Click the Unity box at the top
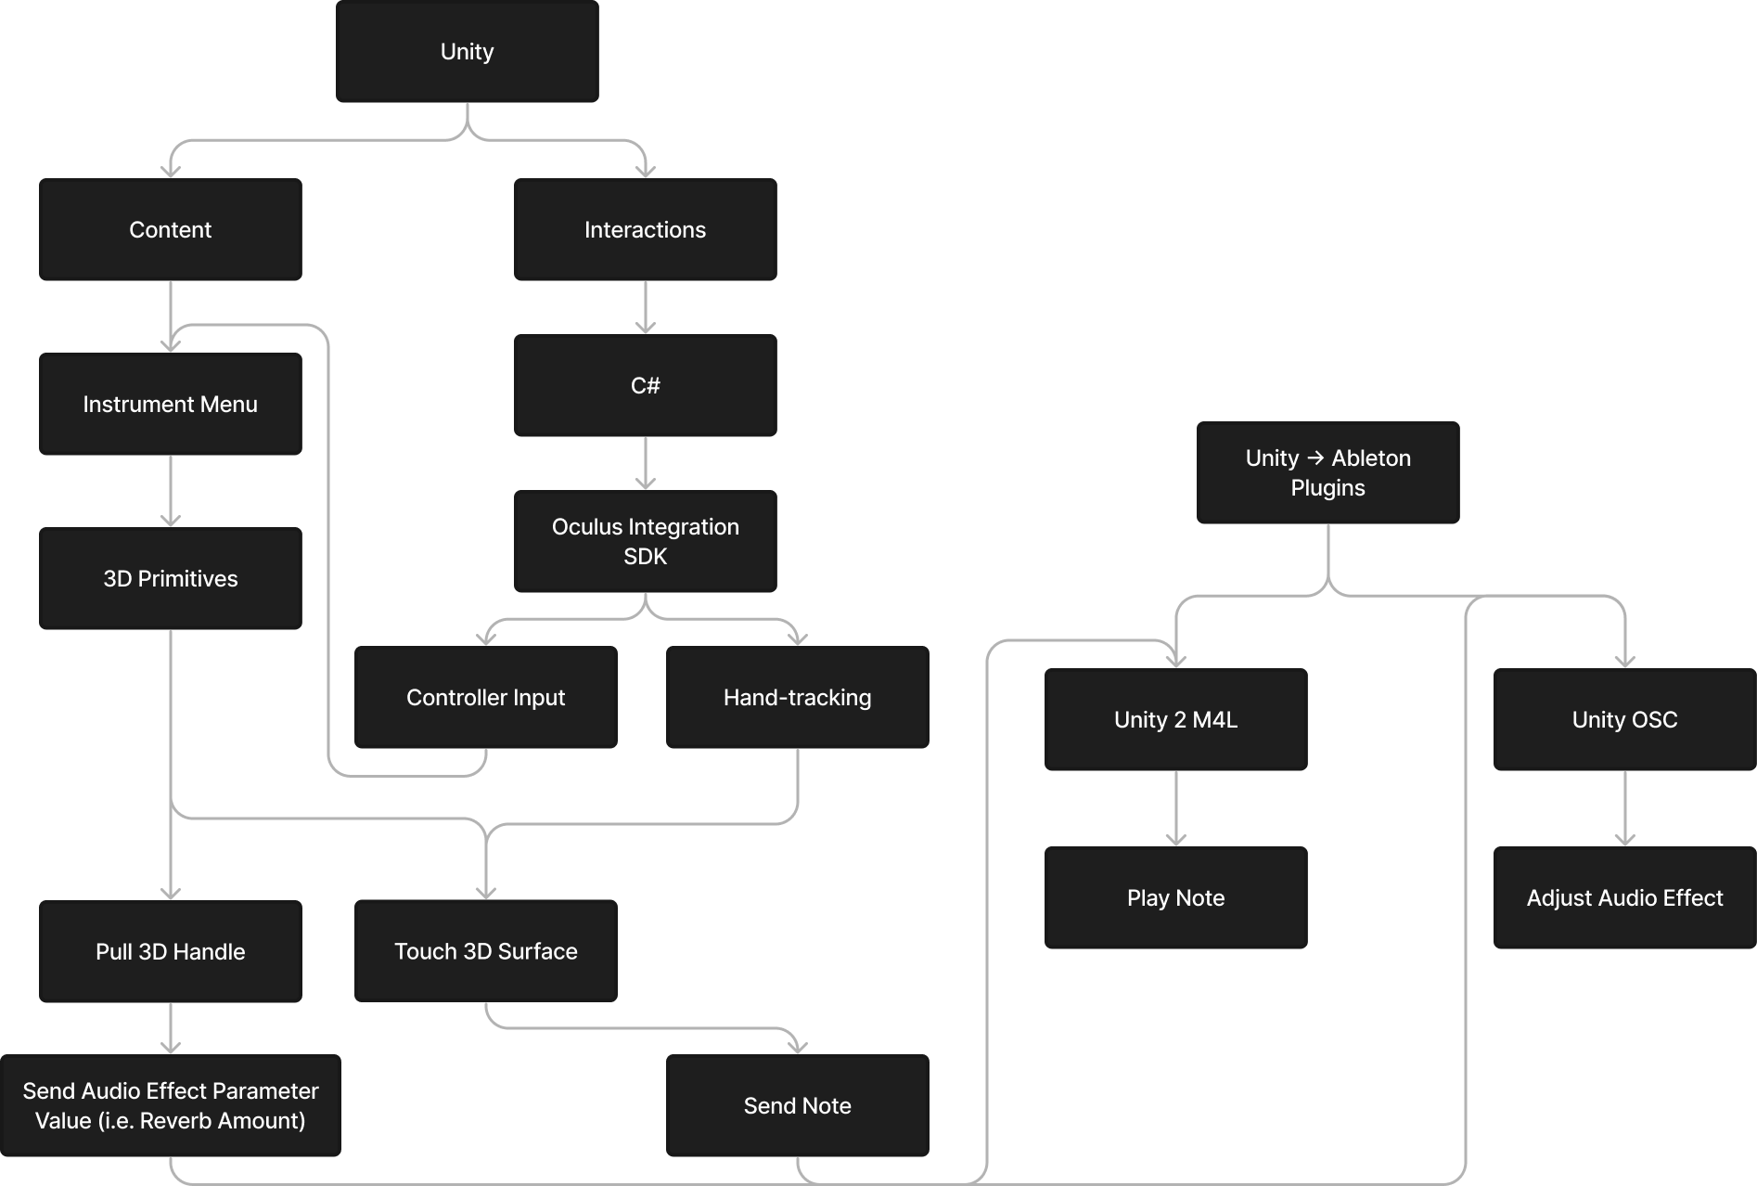[467, 52]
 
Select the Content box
[171, 230]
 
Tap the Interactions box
[645, 230]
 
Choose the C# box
[645, 386]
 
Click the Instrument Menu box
[171, 405]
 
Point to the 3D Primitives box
[171, 579]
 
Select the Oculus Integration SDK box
[645, 542]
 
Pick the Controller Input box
[485, 698]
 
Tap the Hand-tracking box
[797, 698]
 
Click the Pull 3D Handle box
[171, 952]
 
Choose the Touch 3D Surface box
[485, 951]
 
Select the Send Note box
[797, 1106]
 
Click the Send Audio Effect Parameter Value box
[171, 1106]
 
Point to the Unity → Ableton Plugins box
[1327, 473]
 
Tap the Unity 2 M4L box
[1175, 720]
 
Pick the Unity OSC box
[1624, 720]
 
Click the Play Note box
[1175, 898]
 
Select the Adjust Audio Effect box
[1624, 898]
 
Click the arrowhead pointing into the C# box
[645, 328]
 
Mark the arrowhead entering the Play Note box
[1175, 840]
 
